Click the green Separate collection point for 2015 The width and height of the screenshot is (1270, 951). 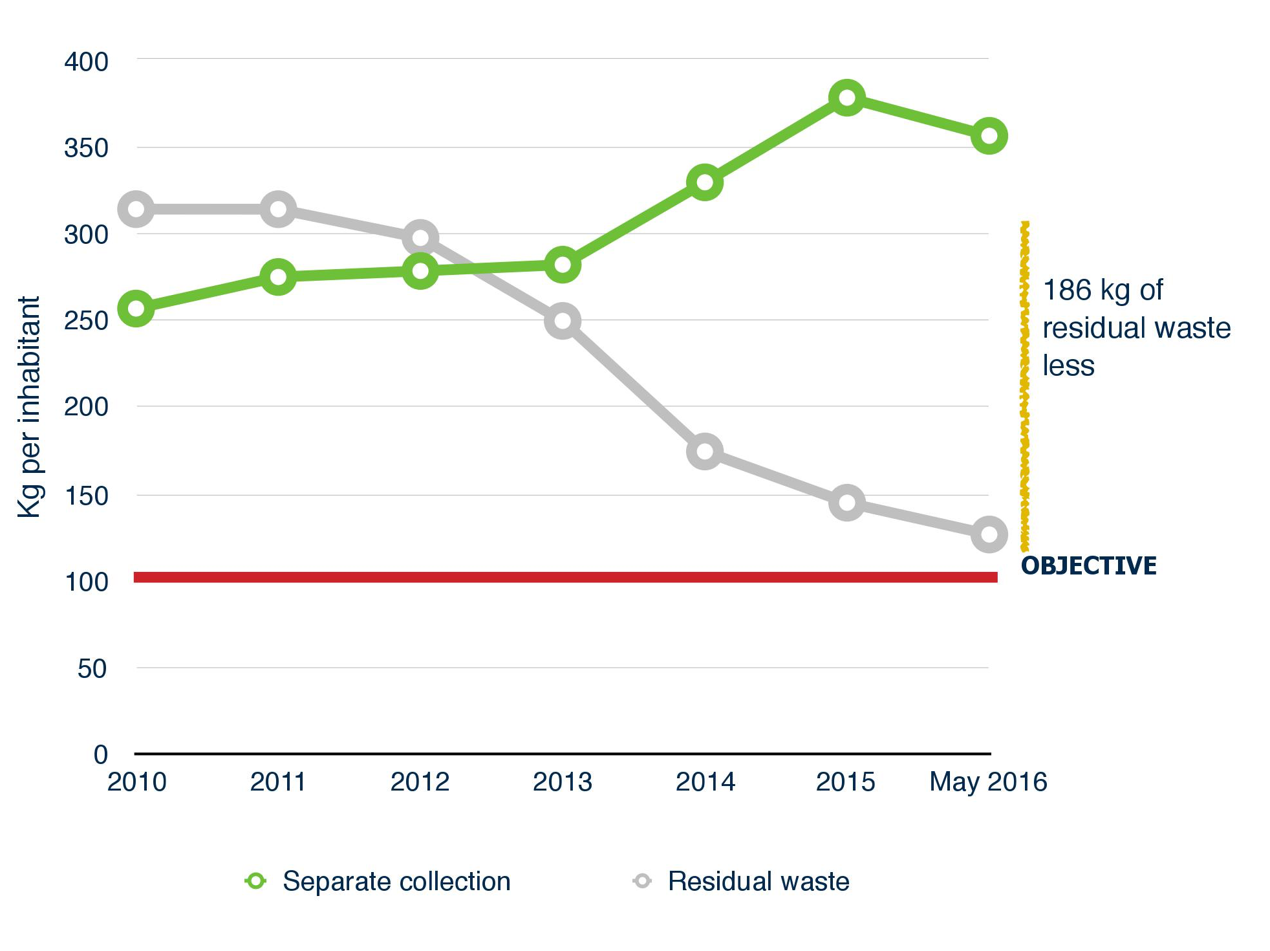846,98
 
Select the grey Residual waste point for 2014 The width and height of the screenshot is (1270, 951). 704,451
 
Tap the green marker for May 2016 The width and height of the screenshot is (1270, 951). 989,136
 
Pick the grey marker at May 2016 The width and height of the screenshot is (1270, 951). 989,534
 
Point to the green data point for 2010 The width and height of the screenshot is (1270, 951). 136,308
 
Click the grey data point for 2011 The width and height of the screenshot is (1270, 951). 278,209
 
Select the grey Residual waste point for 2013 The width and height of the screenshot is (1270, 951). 562,321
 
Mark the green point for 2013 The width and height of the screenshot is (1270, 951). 562,265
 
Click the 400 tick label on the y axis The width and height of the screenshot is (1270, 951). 86,62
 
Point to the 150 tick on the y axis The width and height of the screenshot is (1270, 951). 86,496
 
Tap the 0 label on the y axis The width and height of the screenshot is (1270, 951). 100,754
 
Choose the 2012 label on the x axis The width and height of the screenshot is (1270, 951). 420,782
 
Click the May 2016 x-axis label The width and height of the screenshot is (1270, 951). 987,782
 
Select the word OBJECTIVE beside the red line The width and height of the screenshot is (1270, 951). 1088,565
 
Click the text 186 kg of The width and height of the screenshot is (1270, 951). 1103,290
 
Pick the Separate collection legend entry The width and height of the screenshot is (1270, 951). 396,881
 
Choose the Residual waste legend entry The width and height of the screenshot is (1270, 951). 758,881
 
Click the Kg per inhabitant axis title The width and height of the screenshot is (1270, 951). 29,407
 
